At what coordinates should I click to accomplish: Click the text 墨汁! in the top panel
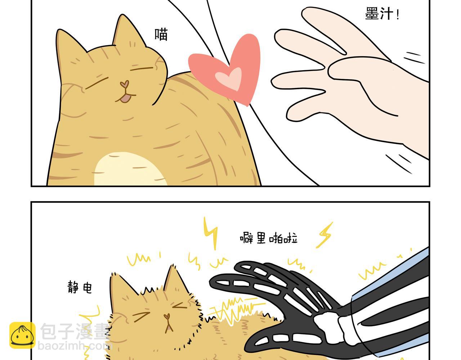[382, 14]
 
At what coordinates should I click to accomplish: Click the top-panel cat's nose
[125, 84]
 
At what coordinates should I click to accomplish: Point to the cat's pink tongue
[126, 98]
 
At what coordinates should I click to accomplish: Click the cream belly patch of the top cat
[130, 169]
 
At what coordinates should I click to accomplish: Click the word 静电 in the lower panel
[80, 287]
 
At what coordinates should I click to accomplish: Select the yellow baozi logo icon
[22, 335]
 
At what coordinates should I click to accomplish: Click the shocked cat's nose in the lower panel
[167, 316]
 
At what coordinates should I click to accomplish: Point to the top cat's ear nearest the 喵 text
[127, 31]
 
